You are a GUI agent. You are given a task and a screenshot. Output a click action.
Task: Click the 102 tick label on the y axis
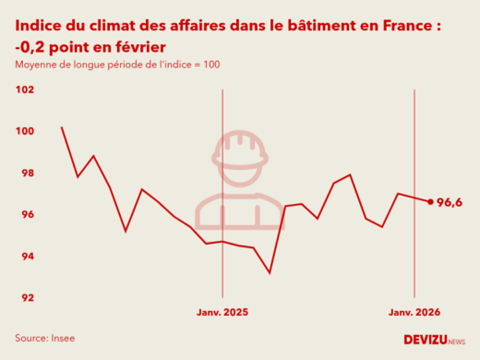pos(25,90)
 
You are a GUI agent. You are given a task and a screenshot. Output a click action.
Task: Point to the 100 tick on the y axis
pos(25,131)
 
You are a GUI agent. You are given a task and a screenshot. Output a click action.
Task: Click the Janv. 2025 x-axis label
pos(222,313)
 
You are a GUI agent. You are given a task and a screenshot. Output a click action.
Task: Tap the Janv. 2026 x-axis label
pos(414,313)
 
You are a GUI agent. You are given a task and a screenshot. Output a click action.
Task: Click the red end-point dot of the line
pos(430,201)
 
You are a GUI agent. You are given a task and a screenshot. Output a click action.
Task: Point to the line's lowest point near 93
pos(270,272)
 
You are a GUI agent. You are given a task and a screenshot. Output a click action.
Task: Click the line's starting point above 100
pos(62,127)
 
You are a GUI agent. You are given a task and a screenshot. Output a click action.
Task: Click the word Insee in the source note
pos(62,339)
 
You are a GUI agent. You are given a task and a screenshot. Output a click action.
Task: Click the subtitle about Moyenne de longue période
pos(116,65)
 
